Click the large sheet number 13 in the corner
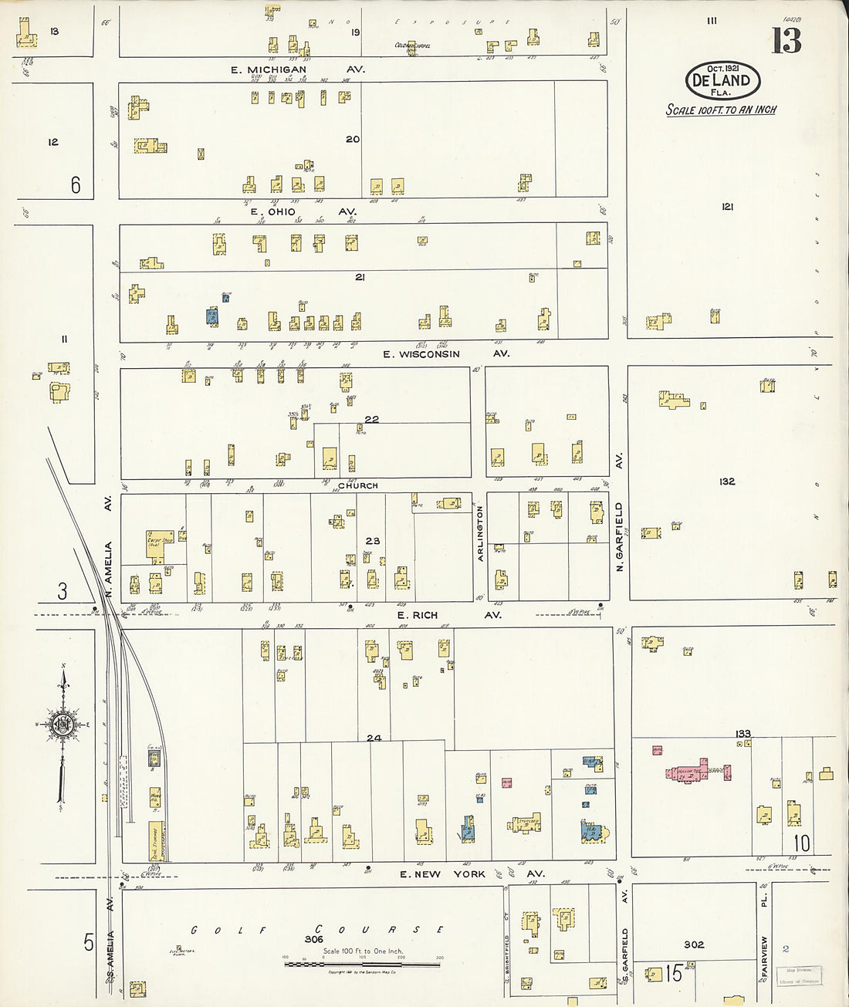(786, 40)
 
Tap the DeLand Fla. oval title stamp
(722, 79)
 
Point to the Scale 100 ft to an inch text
(721, 110)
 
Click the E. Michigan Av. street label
(297, 69)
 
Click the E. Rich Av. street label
(448, 615)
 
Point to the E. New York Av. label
(472, 874)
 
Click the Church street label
(358, 485)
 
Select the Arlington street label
(479, 533)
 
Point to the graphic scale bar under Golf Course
(362, 963)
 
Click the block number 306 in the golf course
(313, 939)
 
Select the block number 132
(726, 481)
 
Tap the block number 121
(726, 207)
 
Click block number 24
(374, 738)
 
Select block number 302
(694, 944)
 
